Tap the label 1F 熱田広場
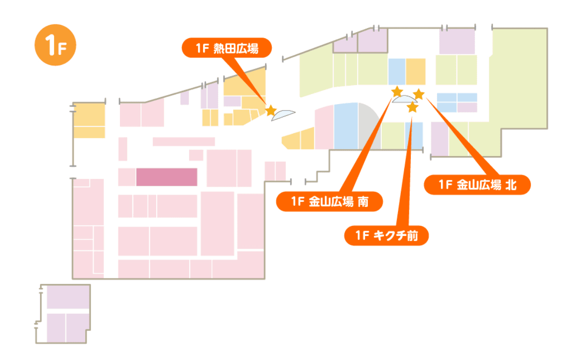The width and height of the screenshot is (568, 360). pyautogui.click(x=226, y=48)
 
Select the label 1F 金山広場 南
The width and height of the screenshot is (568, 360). pyautogui.click(x=330, y=202)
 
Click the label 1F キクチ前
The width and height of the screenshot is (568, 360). pyautogui.click(x=386, y=235)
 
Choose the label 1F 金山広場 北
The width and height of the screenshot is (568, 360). pyautogui.click(x=477, y=185)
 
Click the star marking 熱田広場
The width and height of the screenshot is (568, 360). pyautogui.click(x=270, y=111)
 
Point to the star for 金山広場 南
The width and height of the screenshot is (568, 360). pyautogui.click(x=397, y=91)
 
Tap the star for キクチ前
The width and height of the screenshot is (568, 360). pyautogui.click(x=412, y=108)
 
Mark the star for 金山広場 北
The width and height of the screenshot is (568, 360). pyautogui.click(x=418, y=94)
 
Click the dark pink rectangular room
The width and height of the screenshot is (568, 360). pyautogui.click(x=167, y=177)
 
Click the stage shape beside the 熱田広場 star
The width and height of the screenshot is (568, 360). pyautogui.click(x=283, y=115)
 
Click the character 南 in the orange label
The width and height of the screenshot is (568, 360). pyautogui.click(x=363, y=202)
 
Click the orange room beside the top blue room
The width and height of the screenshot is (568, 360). pyautogui.click(x=416, y=72)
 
